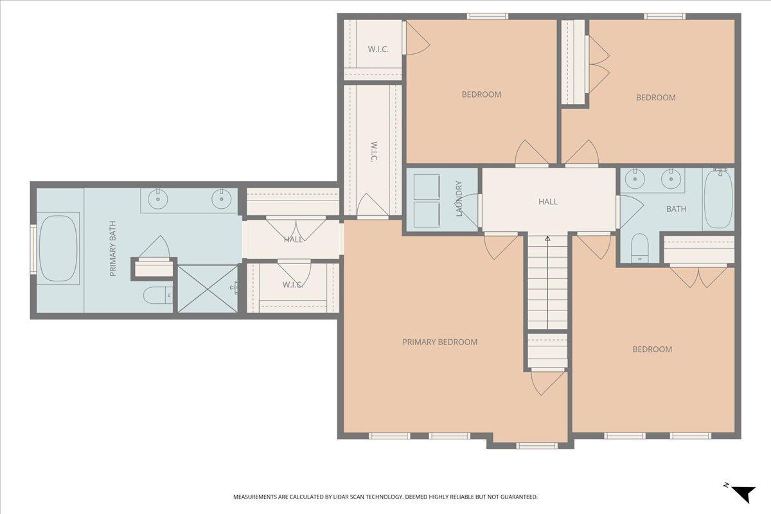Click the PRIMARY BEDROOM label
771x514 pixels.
click(x=439, y=342)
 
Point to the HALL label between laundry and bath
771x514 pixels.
click(x=547, y=202)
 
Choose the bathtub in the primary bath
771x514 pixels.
click(x=58, y=249)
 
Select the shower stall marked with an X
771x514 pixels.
click(x=207, y=289)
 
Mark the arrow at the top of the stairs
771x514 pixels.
click(x=547, y=239)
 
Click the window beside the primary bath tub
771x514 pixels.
click(x=33, y=249)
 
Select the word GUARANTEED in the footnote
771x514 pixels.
click(x=519, y=497)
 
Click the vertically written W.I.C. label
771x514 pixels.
click(x=373, y=151)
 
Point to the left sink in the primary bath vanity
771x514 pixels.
click(x=158, y=199)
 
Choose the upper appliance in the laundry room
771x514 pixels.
click(x=426, y=186)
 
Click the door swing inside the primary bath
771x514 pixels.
click(x=155, y=248)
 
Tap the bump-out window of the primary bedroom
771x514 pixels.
click(x=536, y=445)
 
